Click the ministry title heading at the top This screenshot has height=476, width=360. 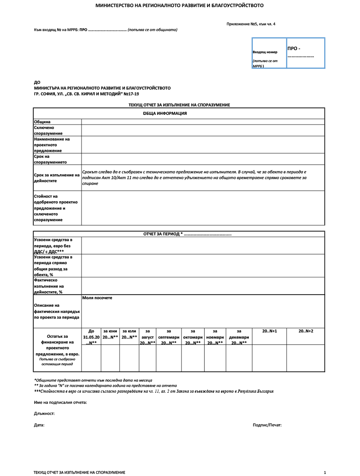(x=179, y=6)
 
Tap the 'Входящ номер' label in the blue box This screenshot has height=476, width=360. (x=265, y=52)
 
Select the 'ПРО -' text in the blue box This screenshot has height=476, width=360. (x=294, y=48)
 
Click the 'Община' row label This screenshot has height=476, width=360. (x=43, y=121)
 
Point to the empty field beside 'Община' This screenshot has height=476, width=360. (x=203, y=121)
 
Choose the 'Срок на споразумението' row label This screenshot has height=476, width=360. (x=48, y=159)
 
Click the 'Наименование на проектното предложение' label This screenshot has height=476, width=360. (x=52, y=144)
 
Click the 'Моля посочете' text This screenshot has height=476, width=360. (x=97, y=298)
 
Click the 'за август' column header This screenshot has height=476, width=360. (x=147, y=337)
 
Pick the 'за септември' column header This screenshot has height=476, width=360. (x=169, y=337)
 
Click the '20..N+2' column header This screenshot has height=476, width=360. (x=306, y=331)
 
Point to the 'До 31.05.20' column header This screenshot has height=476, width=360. (x=91, y=337)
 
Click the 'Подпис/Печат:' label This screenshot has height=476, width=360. (x=267, y=425)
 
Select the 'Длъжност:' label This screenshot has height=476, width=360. (x=44, y=413)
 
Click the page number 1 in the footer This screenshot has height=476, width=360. (x=325, y=472)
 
